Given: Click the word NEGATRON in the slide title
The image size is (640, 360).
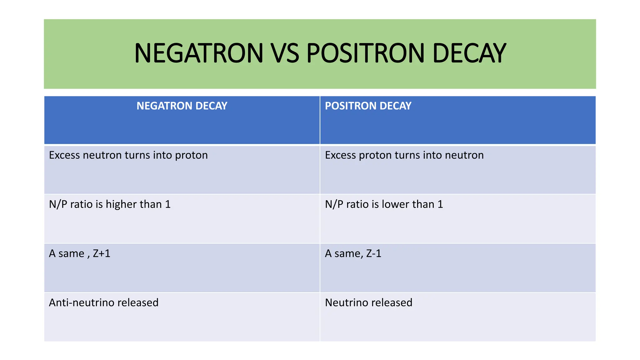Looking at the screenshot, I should click(199, 53).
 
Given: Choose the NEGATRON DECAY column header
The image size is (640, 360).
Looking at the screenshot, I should click(182, 106).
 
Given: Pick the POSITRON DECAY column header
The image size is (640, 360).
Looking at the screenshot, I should click(368, 106).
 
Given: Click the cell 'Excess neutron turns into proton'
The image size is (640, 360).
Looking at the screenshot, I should click(128, 155).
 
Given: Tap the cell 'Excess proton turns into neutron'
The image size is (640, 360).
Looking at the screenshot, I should click(404, 155).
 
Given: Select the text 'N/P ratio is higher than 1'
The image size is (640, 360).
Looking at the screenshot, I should click(110, 204).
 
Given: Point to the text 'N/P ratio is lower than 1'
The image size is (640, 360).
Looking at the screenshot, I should click(384, 204).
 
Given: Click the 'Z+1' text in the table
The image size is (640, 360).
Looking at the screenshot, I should click(102, 253).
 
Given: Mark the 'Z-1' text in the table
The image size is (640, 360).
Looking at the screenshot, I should click(374, 253).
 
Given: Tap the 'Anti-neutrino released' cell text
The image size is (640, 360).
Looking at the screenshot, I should click(103, 302).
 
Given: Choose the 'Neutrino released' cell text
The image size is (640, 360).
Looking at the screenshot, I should click(368, 302).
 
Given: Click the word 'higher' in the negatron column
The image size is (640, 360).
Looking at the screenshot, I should click(121, 204).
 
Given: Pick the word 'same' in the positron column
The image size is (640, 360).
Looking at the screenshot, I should click(347, 253).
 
